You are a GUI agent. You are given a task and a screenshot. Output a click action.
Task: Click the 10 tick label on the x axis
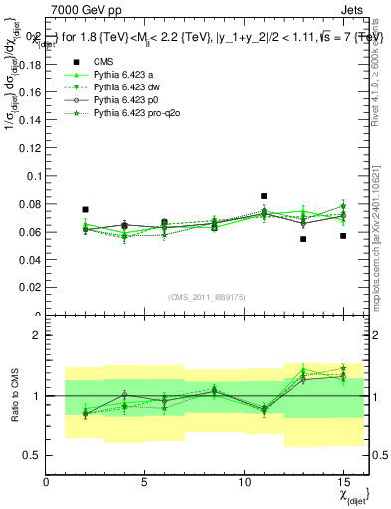point(244,483)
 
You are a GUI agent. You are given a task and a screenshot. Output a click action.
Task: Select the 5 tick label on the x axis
point(145,483)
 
